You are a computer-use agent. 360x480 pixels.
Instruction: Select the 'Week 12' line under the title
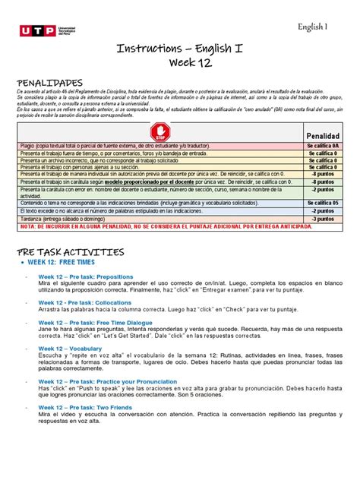point(179,65)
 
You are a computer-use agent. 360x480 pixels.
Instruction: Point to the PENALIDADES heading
point(49,82)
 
